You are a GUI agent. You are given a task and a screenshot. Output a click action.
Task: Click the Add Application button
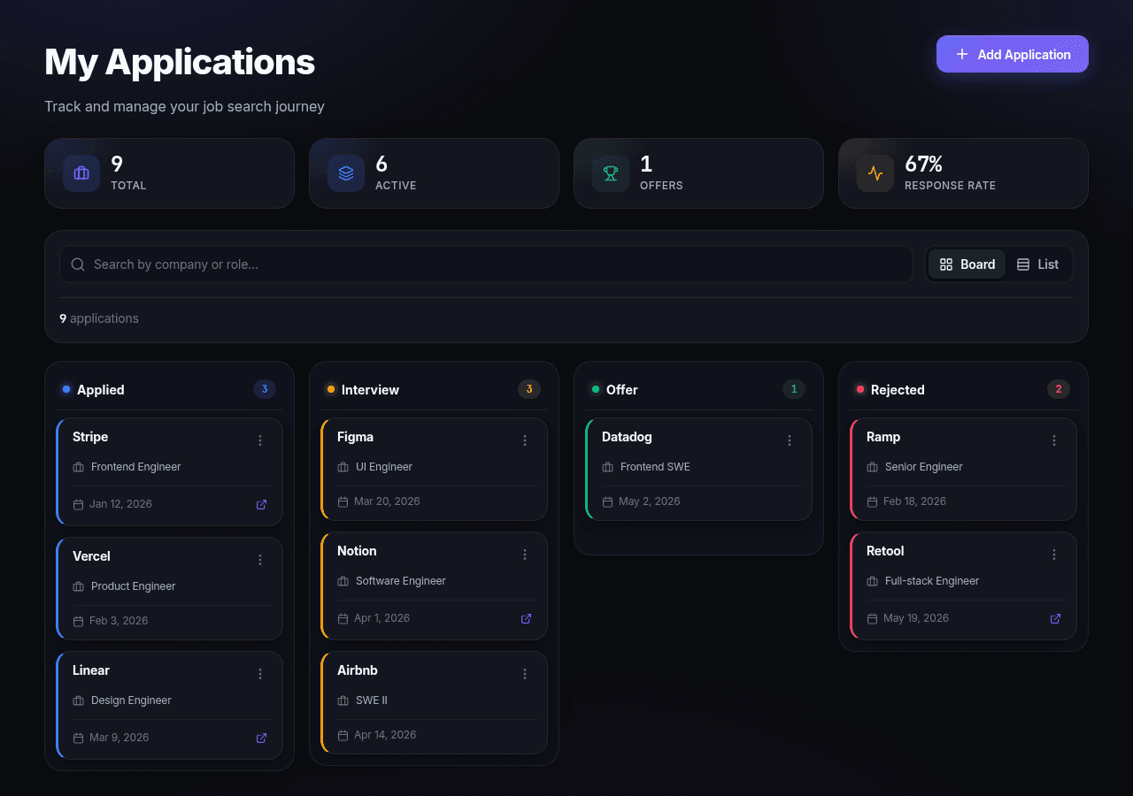(1012, 54)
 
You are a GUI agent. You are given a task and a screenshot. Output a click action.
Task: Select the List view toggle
(1037, 264)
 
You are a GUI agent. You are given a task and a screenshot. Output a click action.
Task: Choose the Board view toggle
(967, 264)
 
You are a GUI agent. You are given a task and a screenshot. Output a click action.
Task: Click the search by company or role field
(486, 264)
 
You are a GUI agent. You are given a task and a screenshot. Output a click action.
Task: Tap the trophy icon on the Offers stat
(611, 173)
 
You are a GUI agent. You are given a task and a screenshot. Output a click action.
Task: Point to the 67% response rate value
(923, 164)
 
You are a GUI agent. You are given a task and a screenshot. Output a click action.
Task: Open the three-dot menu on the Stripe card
(260, 440)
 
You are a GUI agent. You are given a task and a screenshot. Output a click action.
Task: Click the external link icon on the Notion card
(526, 618)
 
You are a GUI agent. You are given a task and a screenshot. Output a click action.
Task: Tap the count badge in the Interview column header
(529, 389)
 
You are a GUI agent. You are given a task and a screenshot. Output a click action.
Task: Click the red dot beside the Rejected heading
(859, 389)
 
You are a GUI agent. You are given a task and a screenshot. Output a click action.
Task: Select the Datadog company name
(627, 437)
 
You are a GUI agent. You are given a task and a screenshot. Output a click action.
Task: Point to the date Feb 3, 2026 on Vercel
(119, 621)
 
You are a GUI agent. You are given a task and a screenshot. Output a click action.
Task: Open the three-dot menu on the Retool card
(1054, 555)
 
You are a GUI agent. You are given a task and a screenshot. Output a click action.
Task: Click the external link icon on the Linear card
(261, 738)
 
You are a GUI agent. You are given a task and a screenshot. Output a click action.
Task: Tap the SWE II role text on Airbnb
(371, 700)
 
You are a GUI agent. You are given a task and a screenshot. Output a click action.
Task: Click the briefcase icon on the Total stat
(81, 173)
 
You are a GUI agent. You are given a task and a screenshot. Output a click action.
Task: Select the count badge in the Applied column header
(265, 389)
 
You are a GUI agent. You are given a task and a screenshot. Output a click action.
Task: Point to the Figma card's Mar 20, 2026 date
(387, 501)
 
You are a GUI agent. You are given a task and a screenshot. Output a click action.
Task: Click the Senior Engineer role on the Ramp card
(923, 467)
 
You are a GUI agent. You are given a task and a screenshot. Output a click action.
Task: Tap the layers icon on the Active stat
(346, 173)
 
